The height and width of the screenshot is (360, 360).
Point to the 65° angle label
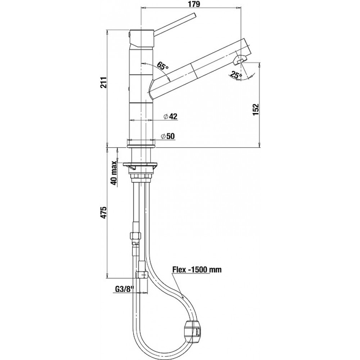click(163, 66)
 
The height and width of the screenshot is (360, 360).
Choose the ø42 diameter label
click(171, 117)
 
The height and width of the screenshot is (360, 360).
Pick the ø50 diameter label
click(168, 136)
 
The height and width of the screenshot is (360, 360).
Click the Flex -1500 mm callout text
click(197, 270)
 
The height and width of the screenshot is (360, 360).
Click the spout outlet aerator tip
click(239, 60)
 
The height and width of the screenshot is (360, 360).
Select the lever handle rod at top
click(175, 24)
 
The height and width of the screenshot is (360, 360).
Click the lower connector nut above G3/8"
click(142, 274)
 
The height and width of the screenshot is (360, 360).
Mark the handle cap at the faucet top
click(141, 38)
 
